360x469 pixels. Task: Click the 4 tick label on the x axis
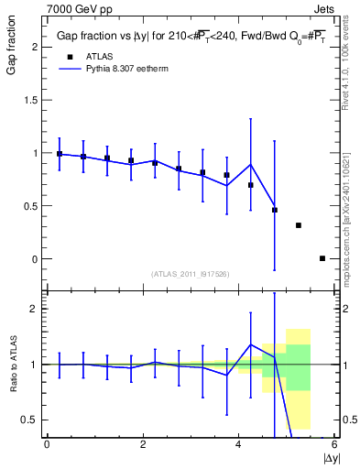(239, 444)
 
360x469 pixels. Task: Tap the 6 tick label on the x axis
(334, 444)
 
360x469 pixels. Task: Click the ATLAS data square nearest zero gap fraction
(322, 258)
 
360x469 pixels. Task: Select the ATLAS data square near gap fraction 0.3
(299, 225)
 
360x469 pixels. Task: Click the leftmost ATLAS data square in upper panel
(60, 154)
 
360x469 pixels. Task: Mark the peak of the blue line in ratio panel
(251, 344)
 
